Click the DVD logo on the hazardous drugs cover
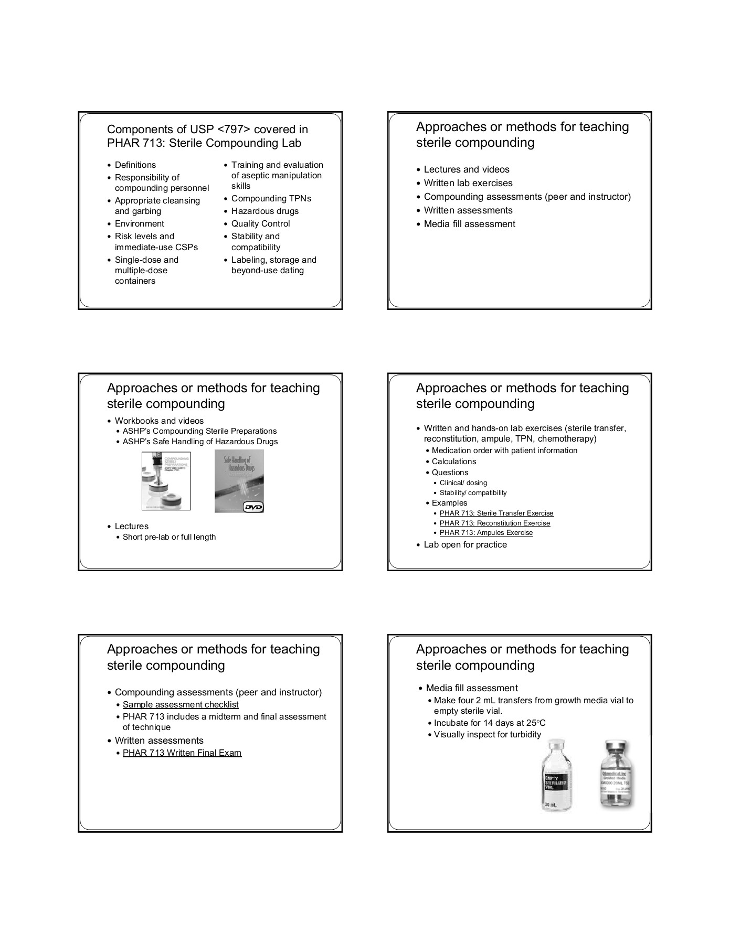pos(253,507)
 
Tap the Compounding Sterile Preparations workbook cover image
pos(166,481)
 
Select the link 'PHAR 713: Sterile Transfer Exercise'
pos(496,513)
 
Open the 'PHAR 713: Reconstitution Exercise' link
pos(495,523)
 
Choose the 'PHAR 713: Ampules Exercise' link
pos(486,533)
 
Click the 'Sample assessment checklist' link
pos(181,705)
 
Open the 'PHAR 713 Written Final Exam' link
pos(182,753)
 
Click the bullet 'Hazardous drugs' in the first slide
pos(265,211)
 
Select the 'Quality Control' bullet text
pos(260,224)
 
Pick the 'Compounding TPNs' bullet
pos(271,199)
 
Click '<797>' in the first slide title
pos(234,130)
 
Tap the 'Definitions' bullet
pos(135,165)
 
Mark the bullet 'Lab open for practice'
pos(465,545)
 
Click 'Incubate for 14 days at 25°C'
pos(490,723)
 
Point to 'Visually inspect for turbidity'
pos(488,735)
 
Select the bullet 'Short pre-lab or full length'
pos(169,537)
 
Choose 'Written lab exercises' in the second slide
pos(468,184)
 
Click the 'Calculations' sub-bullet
pos(454,462)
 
